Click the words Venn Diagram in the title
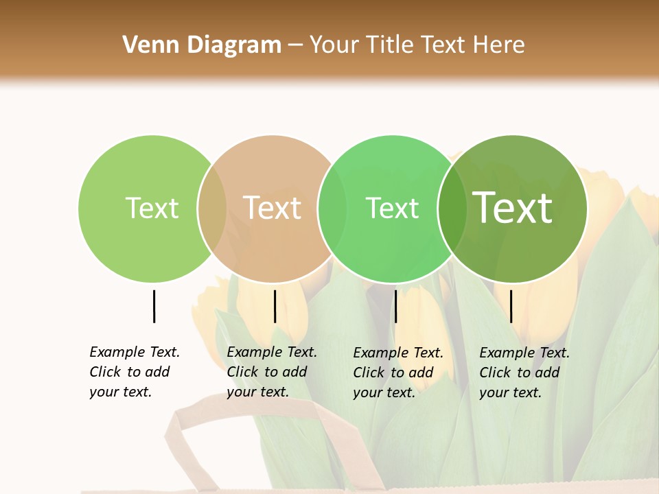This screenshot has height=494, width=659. point(202,45)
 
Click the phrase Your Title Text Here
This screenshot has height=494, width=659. point(417,45)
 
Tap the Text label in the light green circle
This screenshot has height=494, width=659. point(152,208)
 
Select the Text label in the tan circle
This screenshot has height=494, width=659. point(273,208)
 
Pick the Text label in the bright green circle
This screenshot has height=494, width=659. point(392,208)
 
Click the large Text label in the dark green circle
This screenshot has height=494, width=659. point(513,208)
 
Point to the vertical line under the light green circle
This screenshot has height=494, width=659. point(154,306)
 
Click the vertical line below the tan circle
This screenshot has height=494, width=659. point(275,306)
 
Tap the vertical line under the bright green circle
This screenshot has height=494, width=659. point(395,306)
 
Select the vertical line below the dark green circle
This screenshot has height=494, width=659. point(511,306)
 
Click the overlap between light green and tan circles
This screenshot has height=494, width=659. point(212,208)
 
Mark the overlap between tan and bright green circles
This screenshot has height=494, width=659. point(332,208)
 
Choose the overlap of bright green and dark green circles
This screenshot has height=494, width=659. point(452,208)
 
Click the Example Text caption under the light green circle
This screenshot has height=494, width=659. point(135,372)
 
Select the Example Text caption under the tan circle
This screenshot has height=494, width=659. point(272,372)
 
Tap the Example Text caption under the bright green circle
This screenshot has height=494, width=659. point(398,373)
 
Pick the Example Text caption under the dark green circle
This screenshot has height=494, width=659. point(524,373)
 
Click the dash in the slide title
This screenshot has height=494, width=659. point(295,45)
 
